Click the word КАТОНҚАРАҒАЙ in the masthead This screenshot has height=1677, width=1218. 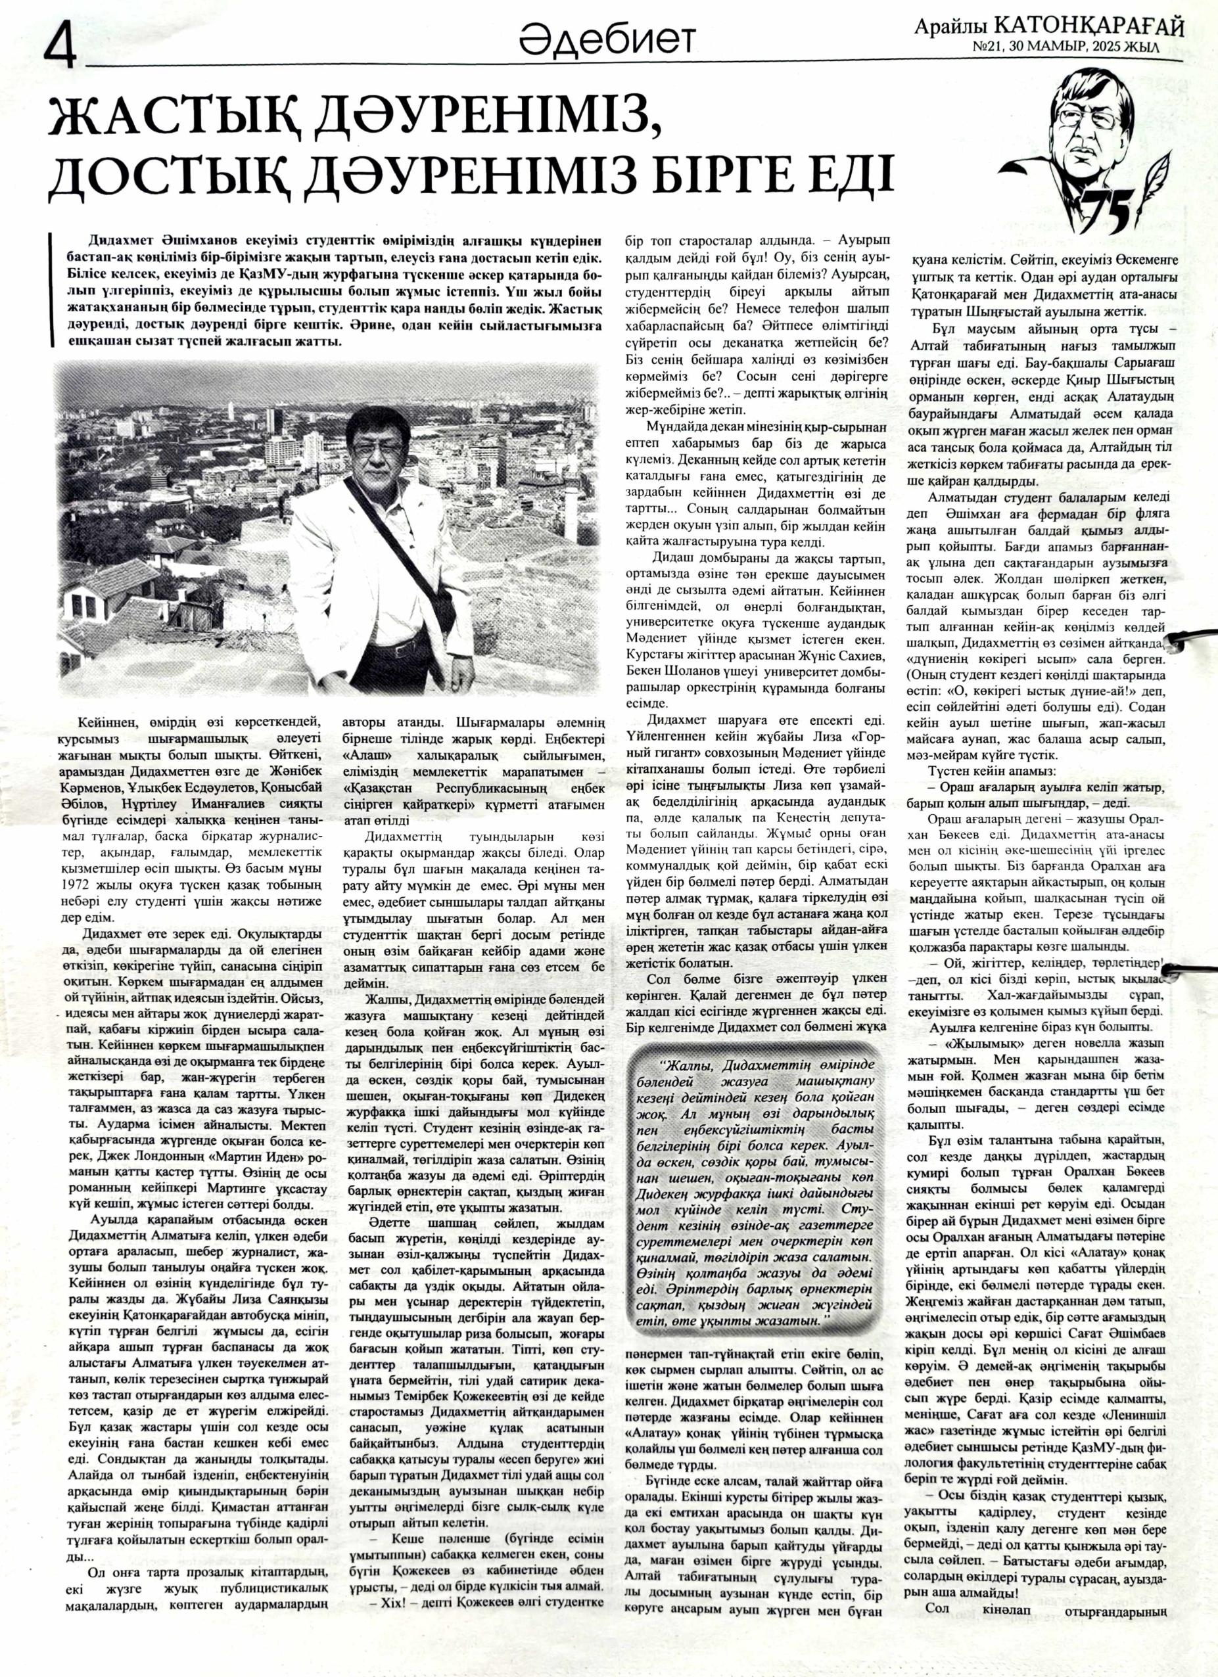coord(1089,27)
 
